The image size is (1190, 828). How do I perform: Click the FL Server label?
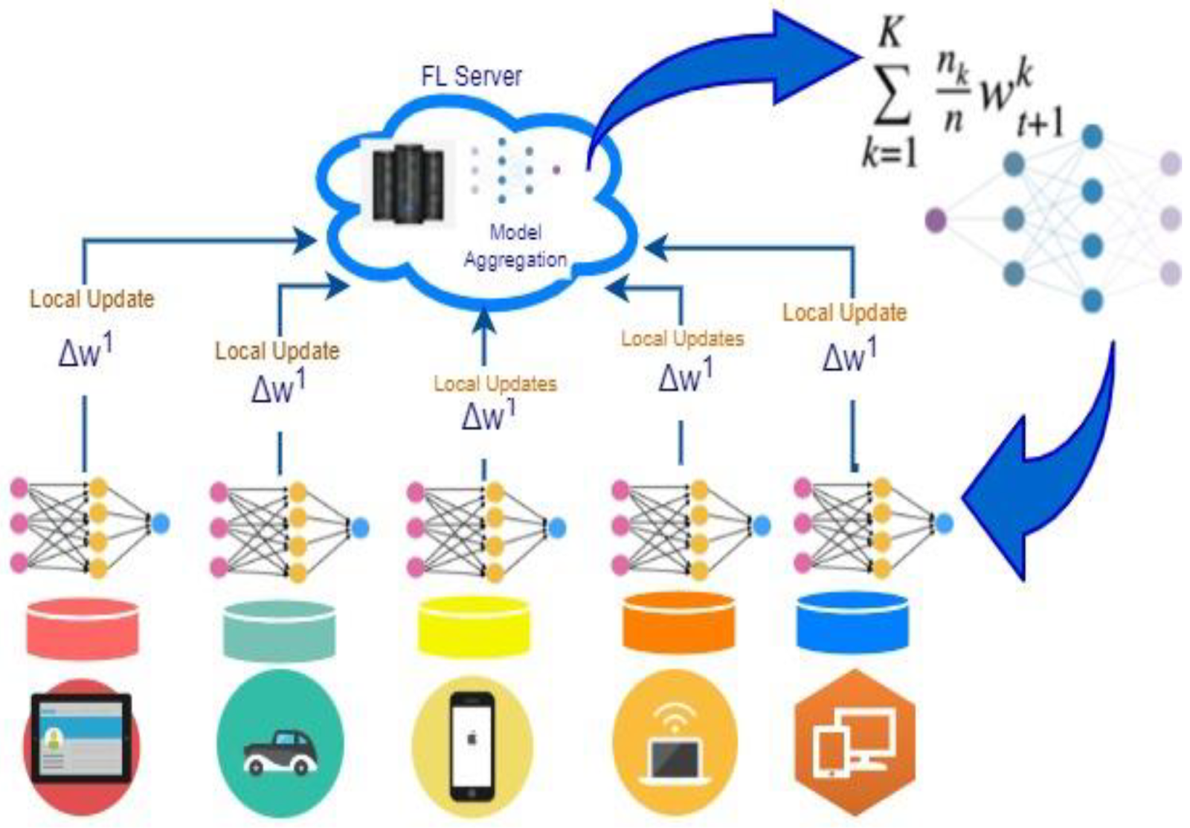pos(472,76)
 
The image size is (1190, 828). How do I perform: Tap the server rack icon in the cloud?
pos(408,182)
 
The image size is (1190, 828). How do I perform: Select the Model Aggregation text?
pos(515,247)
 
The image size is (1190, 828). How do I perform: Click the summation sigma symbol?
pos(892,96)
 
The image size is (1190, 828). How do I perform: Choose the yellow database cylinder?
pos(474,626)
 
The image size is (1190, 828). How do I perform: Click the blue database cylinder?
pos(852,623)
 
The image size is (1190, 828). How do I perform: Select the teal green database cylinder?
pos(280,630)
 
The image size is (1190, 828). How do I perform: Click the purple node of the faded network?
pos(936,220)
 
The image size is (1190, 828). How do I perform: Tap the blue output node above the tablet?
pos(161,524)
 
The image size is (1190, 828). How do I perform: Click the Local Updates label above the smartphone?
pos(495,384)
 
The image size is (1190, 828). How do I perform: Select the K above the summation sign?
pos(890,33)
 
